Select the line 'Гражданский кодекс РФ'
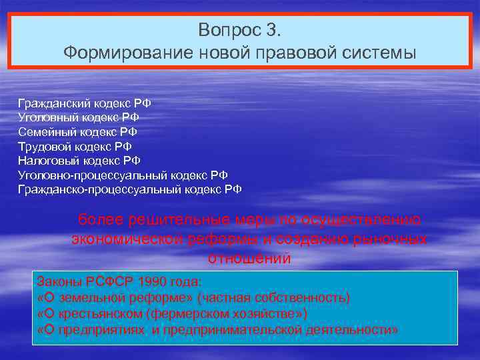pos(85,103)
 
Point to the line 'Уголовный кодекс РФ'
pos(79,117)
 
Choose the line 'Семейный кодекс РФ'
pos(77,132)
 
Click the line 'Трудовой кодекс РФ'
pos(75,146)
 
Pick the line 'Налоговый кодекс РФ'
pos(79,161)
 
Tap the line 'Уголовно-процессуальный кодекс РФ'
pos(123,175)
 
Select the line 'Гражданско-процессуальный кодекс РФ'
pos(130,189)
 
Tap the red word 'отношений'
pos(249,258)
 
